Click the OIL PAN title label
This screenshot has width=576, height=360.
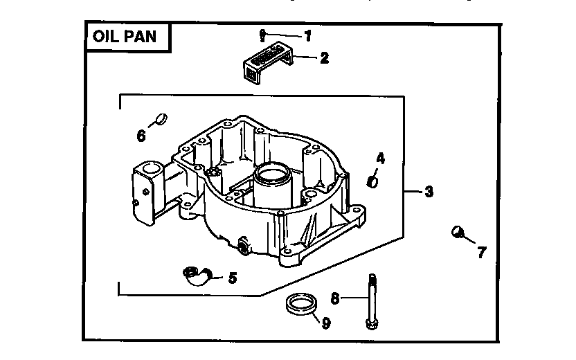125,37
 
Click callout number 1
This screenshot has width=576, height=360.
308,34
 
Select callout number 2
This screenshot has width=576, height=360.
324,59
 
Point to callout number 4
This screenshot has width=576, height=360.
380,159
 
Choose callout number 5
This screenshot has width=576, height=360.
232,278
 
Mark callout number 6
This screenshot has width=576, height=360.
141,135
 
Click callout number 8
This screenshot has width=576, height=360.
335,298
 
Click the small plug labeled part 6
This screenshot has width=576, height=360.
161,118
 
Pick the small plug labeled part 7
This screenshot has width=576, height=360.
457,232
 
